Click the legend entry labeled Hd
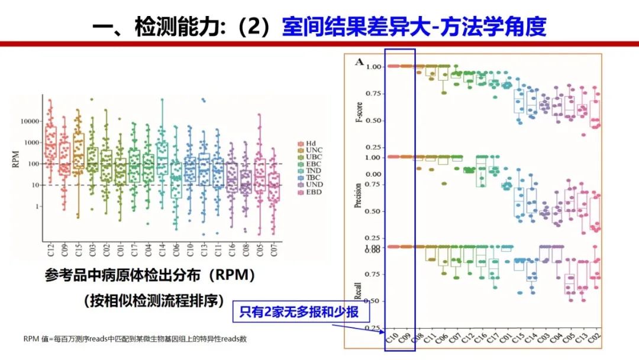point(309,143)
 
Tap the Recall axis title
point(358,288)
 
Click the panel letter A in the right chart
point(359,62)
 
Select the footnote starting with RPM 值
point(135,339)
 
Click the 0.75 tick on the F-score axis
point(374,94)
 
